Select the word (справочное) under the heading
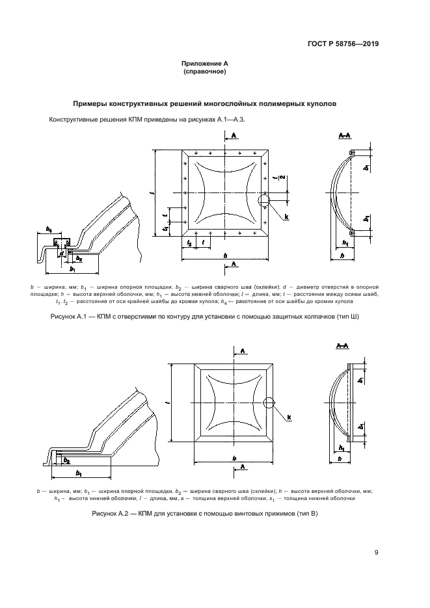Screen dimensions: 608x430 tap(204, 72)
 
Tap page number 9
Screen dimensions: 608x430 tap(376, 553)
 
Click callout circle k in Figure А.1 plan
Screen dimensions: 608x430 tap(263, 200)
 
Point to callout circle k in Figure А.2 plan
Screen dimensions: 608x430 tap(269, 403)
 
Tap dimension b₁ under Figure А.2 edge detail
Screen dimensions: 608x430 tap(78, 472)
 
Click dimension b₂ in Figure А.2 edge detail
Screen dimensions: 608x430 tap(67, 460)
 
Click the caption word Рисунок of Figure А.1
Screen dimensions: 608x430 tap(64, 316)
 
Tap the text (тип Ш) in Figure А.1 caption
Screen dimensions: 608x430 tap(345, 316)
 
